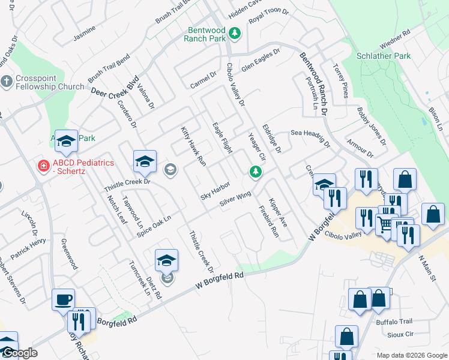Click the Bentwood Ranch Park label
point(206,34)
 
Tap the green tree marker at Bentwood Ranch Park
point(236,33)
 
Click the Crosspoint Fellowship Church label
point(50,82)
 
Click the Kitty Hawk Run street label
point(193,146)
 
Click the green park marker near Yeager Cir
point(256,173)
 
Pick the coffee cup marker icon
point(63,299)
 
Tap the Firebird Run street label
point(268,220)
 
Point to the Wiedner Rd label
point(394,40)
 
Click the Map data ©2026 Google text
point(411,355)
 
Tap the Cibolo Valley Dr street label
point(235,85)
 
